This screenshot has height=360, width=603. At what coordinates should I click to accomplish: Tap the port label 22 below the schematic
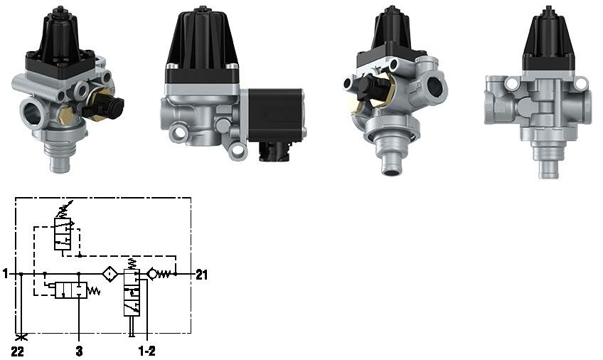(x=18, y=351)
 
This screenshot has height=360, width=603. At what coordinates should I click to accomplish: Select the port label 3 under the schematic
(x=79, y=351)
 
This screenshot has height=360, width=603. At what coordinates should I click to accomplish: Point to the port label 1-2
(x=146, y=351)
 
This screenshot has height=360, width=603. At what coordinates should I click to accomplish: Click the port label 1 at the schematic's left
(x=6, y=273)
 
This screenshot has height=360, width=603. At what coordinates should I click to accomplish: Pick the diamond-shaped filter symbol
(x=110, y=273)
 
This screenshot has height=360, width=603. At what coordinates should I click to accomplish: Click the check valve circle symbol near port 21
(x=152, y=273)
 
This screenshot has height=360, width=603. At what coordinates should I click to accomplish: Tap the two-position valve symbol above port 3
(x=71, y=290)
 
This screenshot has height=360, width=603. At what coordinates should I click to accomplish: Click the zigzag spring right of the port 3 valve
(x=92, y=290)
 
